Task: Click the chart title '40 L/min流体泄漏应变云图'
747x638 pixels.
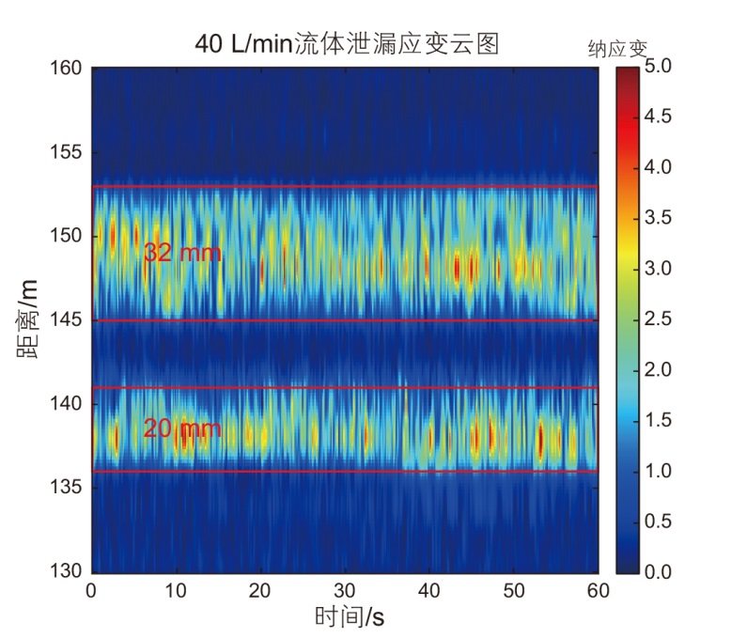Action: (346, 43)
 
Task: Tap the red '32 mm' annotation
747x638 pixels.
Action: (182, 253)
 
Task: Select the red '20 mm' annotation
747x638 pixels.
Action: (182, 429)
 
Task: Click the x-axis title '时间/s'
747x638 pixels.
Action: (349, 616)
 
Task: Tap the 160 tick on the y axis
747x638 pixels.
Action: (68, 69)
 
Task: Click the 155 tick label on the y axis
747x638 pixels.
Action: (68, 152)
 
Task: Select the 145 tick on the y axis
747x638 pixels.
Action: (68, 320)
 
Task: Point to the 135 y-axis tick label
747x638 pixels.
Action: (68, 488)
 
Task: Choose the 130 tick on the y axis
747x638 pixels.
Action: (68, 571)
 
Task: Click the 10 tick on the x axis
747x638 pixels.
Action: (176, 590)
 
